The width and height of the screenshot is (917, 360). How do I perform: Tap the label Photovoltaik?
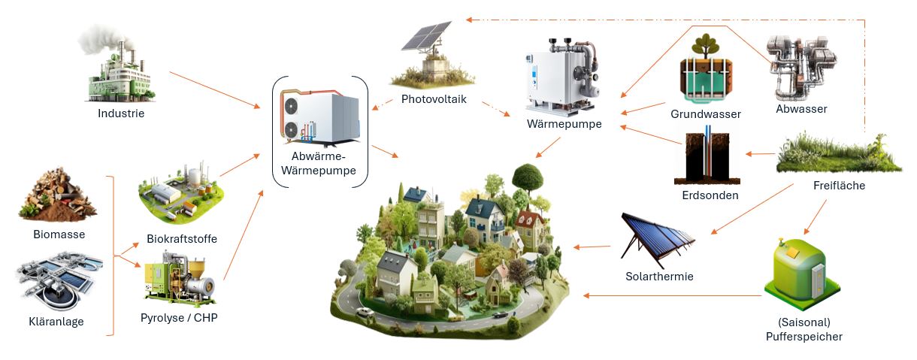tap(434, 98)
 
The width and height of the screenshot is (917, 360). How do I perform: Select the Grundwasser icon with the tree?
tap(706, 69)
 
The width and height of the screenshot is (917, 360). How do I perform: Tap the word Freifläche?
tap(839, 186)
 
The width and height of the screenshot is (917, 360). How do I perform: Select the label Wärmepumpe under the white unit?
tap(564, 124)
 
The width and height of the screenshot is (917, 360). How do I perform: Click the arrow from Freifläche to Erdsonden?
tap(760, 154)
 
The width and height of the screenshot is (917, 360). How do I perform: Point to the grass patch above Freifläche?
tap(838, 153)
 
